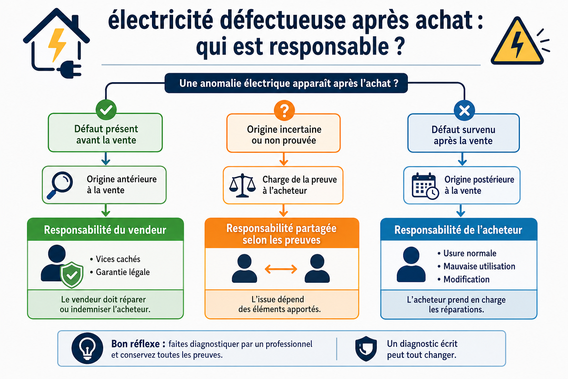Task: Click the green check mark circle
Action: click(x=106, y=110)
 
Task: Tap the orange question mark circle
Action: click(x=284, y=110)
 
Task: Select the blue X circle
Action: click(x=464, y=110)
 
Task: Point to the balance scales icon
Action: click(x=243, y=185)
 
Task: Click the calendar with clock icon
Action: click(x=425, y=186)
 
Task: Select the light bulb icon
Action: click(x=87, y=348)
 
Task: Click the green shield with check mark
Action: click(x=72, y=275)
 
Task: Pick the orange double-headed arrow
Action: click(x=281, y=269)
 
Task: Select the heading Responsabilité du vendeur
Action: click(x=105, y=230)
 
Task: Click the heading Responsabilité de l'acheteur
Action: click(x=459, y=230)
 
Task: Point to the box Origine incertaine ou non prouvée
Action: click(x=284, y=133)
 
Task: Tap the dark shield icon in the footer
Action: click(x=366, y=349)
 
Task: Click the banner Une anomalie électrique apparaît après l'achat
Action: click(x=286, y=83)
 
